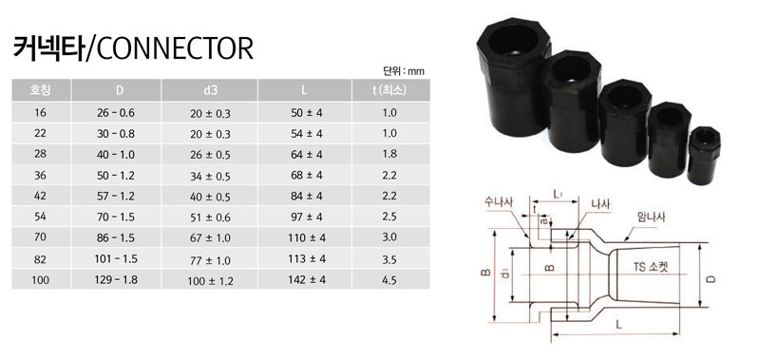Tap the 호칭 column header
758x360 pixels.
tap(41, 91)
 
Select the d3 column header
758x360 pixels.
tap(211, 91)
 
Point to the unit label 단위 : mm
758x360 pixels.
tap(400, 70)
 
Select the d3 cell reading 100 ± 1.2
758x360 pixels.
tap(211, 279)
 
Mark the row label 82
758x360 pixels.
tap(41, 258)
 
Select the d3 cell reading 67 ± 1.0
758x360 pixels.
tap(211, 237)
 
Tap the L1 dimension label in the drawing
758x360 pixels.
tap(560, 194)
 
